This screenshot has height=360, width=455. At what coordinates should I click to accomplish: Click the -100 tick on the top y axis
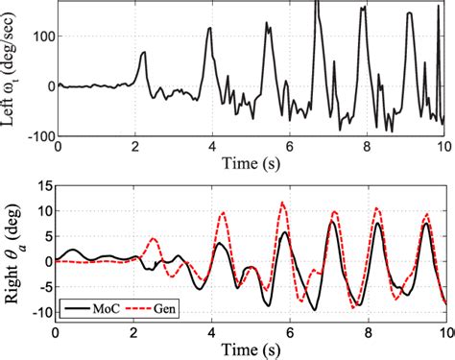point(37,133)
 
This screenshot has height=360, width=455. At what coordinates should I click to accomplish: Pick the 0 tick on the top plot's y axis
point(49,84)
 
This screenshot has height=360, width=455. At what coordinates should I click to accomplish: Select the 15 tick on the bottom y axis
point(44,189)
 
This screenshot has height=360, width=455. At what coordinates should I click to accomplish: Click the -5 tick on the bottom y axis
point(43,286)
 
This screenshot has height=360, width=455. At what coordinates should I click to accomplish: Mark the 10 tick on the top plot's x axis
point(443,147)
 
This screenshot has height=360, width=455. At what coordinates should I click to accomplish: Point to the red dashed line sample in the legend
point(138,308)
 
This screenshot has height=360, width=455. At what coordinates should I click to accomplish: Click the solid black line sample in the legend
point(75,308)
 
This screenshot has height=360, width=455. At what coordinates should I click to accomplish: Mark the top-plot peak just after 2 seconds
point(144,53)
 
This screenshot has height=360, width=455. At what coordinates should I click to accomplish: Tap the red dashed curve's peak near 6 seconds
point(281,203)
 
